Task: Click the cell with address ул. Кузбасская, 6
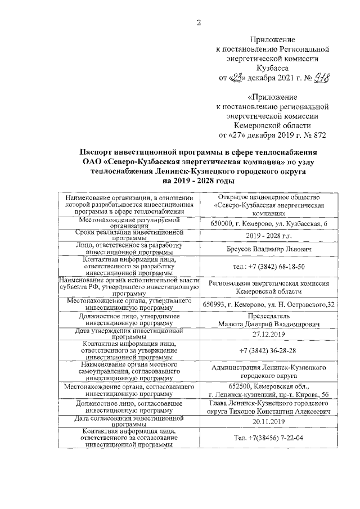coord(266,224)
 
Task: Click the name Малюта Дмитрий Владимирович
coord(266,324)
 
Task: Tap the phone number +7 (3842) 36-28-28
coord(266,350)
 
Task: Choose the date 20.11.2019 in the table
coord(266,421)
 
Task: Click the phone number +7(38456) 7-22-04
coord(266,438)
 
